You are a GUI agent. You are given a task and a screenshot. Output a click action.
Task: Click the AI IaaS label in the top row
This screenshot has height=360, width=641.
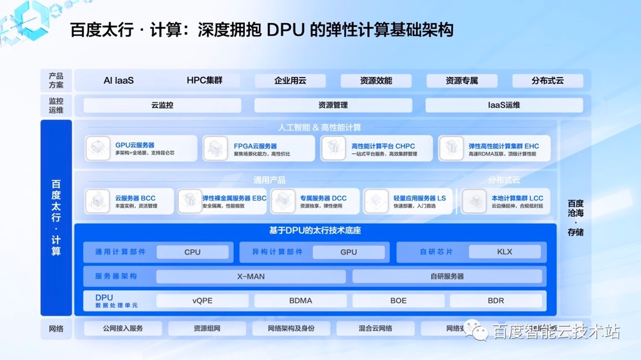pyautogui.click(x=119, y=81)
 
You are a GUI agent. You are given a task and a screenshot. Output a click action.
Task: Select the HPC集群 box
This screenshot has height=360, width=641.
pyautogui.click(x=204, y=81)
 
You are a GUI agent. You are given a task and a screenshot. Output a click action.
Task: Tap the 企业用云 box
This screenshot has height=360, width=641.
pyautogui.click(x=290, y=81)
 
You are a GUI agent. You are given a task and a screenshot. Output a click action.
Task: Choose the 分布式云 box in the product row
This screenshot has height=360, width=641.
pyautogui.click(x=547, y=81)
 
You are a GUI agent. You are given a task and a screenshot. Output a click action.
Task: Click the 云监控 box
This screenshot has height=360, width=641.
pyautogui.click(x=162, y=105)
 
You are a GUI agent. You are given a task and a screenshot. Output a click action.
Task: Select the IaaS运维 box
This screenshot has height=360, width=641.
pyautogui.click(x=504, y=105)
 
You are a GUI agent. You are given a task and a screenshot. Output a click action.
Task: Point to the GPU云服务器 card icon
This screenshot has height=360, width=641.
pyautogui.click(x=99, y=149)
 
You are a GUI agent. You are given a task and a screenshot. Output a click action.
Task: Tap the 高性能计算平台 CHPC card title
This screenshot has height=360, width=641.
pyautogui.click(x=383, y=146)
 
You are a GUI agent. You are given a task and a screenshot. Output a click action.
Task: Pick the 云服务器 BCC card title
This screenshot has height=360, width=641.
pyautogui.click(x=135, y=199)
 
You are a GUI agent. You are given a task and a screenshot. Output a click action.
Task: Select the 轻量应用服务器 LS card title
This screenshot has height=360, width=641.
pyautogui.click(x=419, y=199)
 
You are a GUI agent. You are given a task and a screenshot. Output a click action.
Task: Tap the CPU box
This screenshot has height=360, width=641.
pyautogui.click(x=192, y=252)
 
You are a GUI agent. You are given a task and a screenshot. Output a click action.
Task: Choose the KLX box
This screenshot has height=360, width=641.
pyautogui.click(x=504, y=252)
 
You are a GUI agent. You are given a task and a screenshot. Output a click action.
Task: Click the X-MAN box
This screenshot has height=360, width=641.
pyautogui.click(x=251, y=277)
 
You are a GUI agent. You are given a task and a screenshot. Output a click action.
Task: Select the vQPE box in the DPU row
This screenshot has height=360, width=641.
pyautogui.click(x=203, y=300)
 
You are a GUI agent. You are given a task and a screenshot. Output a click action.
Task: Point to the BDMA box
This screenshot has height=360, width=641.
pyautogui.click(x=301, y=300)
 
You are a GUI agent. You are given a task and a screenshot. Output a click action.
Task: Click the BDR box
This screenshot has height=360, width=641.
pyautogui.click(x=495, y=300)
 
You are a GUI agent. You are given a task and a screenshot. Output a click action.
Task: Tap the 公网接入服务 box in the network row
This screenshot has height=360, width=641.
pyautogui.click(x=123, y=329)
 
